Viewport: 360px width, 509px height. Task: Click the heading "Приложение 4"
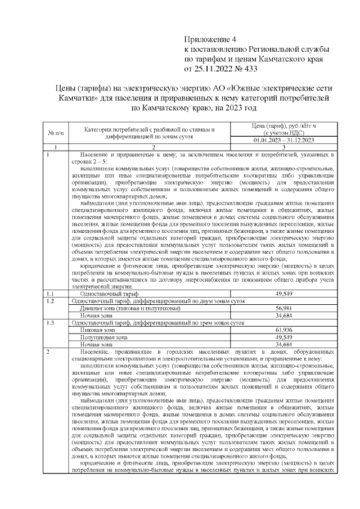tap(212, 39)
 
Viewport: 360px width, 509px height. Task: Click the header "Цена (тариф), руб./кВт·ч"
tap(283, 126)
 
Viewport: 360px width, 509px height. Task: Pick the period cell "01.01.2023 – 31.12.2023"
tap(283, 140)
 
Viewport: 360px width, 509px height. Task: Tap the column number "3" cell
tap(283, 147)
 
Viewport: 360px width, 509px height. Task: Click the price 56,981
tap(283, 309)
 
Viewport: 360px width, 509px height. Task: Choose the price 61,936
tap(283, 330)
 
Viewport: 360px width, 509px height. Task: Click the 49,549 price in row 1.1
tap(283, 294)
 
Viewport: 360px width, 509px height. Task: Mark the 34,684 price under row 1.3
tap(283, 344)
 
